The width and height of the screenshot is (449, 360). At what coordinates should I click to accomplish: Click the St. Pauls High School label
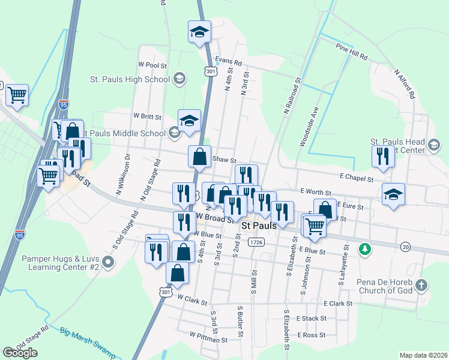[129, 79]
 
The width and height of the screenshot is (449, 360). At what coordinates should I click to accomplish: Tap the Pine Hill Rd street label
[352, 51]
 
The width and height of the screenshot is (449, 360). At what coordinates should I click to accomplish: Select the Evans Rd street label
[228, 62]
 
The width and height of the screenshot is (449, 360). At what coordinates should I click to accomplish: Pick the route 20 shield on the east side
[406, 247]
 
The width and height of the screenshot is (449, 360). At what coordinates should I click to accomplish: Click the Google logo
[20, 353]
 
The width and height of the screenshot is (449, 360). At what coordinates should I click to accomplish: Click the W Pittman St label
[208, 339]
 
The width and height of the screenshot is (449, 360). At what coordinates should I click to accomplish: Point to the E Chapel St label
[356, 178]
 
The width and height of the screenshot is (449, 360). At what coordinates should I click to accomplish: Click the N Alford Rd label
[405, 83]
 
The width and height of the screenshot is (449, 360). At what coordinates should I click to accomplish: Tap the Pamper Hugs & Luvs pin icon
[108, 262]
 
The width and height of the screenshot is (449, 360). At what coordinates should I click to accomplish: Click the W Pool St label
[152, 64]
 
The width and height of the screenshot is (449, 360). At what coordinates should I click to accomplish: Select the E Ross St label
[311, 335]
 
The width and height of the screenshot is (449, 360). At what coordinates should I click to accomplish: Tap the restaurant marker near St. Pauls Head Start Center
[382, 157]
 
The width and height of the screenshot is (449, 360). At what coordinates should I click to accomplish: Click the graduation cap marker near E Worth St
[393, 194]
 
